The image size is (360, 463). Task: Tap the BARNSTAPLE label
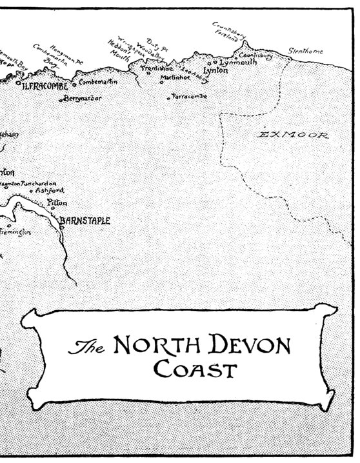tap(85, 221)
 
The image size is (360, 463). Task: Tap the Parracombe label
tap(189, 97)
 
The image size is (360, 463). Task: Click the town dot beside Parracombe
tap(169, 98)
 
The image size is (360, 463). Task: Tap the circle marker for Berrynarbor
tap(63, 100)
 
